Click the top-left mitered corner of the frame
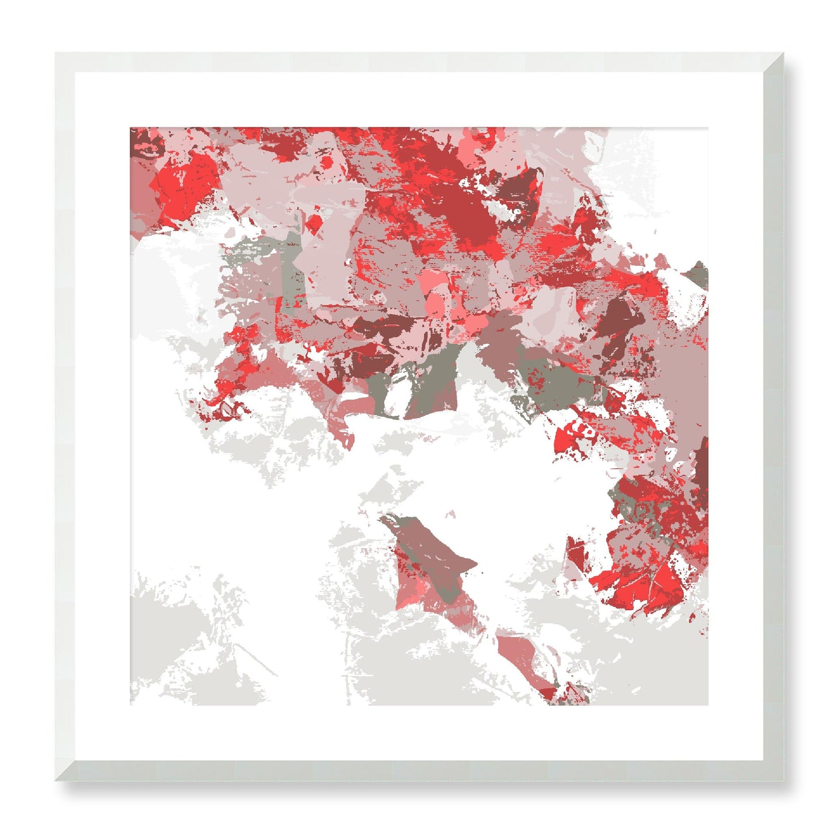tap(56, 54)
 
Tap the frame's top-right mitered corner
tap(783, 54)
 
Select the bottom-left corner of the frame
tap(56, 780)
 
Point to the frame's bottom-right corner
tap(783, 780)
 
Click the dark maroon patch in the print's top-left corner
tap(144, 141)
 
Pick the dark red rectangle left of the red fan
tap(575, 552)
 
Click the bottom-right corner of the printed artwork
tap(707, 704)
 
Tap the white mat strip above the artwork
tap(419, 99)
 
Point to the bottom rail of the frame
tap(419, 771)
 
